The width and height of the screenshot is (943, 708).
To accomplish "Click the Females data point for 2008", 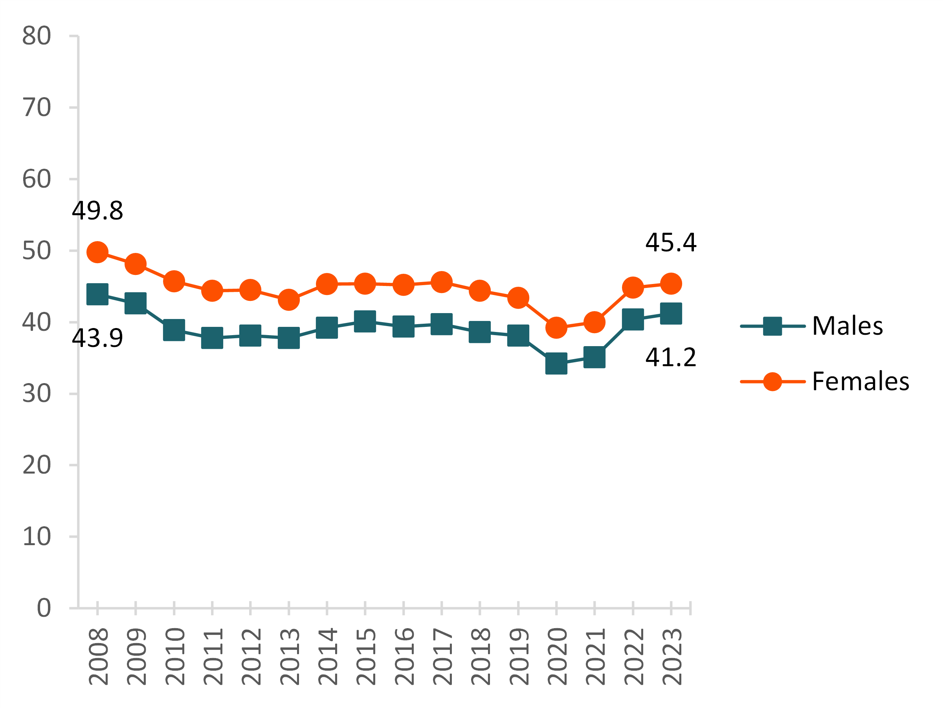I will click(x=97, y=252).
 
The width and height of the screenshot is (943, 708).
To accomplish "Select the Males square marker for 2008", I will click(x=97, y=294).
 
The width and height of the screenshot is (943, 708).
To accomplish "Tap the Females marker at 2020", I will click(x=556, y=327).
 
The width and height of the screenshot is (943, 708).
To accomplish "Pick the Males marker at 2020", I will click(x=556, y=363).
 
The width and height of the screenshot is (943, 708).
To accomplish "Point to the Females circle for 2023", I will click(x=671, y=284).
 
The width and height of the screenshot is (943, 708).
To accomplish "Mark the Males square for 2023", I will click(x=671, y=313).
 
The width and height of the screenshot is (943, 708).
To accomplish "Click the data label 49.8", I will click(x=97, y=211).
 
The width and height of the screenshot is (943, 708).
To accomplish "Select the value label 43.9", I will click(x=97, y=338).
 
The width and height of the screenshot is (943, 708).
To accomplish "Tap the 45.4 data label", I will click(x=671, y=242).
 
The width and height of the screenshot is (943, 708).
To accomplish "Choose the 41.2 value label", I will click(x=671, y=357).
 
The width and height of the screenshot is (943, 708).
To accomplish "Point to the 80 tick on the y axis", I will click(x=37, y=36).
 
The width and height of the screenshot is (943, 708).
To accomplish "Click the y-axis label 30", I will click(x=37, y=393).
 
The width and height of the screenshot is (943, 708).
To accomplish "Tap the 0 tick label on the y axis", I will click(x=44, y=608).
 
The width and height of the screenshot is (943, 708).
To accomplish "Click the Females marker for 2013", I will click(x=289, y=300).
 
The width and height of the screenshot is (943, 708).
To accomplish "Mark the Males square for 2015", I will click(x=365, y=321).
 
